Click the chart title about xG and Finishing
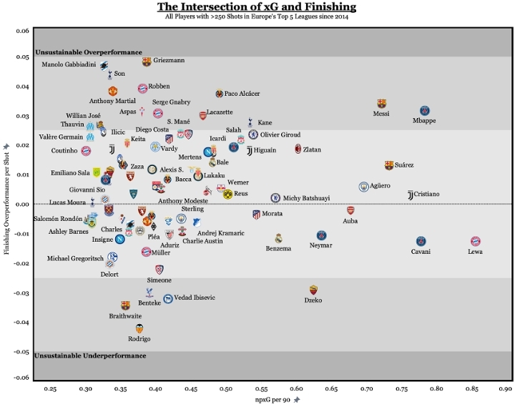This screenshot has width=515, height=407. point(257,7)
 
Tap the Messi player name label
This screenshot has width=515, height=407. point(381,114)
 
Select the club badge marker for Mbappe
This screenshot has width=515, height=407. point(425,111)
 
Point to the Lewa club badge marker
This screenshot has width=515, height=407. point(476,242)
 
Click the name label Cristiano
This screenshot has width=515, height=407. point(427,195)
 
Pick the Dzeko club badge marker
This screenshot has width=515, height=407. point(313,290)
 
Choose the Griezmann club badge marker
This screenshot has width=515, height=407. point(147,62)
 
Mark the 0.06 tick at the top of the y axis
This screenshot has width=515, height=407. point(22,31)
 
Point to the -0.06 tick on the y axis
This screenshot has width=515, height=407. point(21,377)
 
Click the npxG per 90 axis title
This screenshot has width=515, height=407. point(271,399)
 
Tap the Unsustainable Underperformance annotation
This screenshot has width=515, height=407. point(90,355)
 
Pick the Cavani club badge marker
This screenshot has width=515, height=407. point(421,241)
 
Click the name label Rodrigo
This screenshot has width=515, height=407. point(139,339)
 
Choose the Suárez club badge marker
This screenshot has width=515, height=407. point(389,165)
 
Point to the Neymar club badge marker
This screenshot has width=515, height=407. point(322,235)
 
